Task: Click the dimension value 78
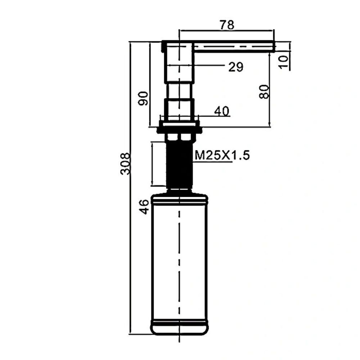(x=227, y=25)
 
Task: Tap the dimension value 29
(x=236, y=67)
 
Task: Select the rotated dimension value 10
(x=284, y=62)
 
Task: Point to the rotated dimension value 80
(x=264, y=92)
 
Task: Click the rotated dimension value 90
(x=143, y=98)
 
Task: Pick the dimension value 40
(x=222, y=111)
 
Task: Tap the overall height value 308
(x=125, y=164)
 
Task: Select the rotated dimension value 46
(x=144, y=207)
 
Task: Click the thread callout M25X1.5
(x=222, y=155)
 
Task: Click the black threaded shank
(x=179, y=164)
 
